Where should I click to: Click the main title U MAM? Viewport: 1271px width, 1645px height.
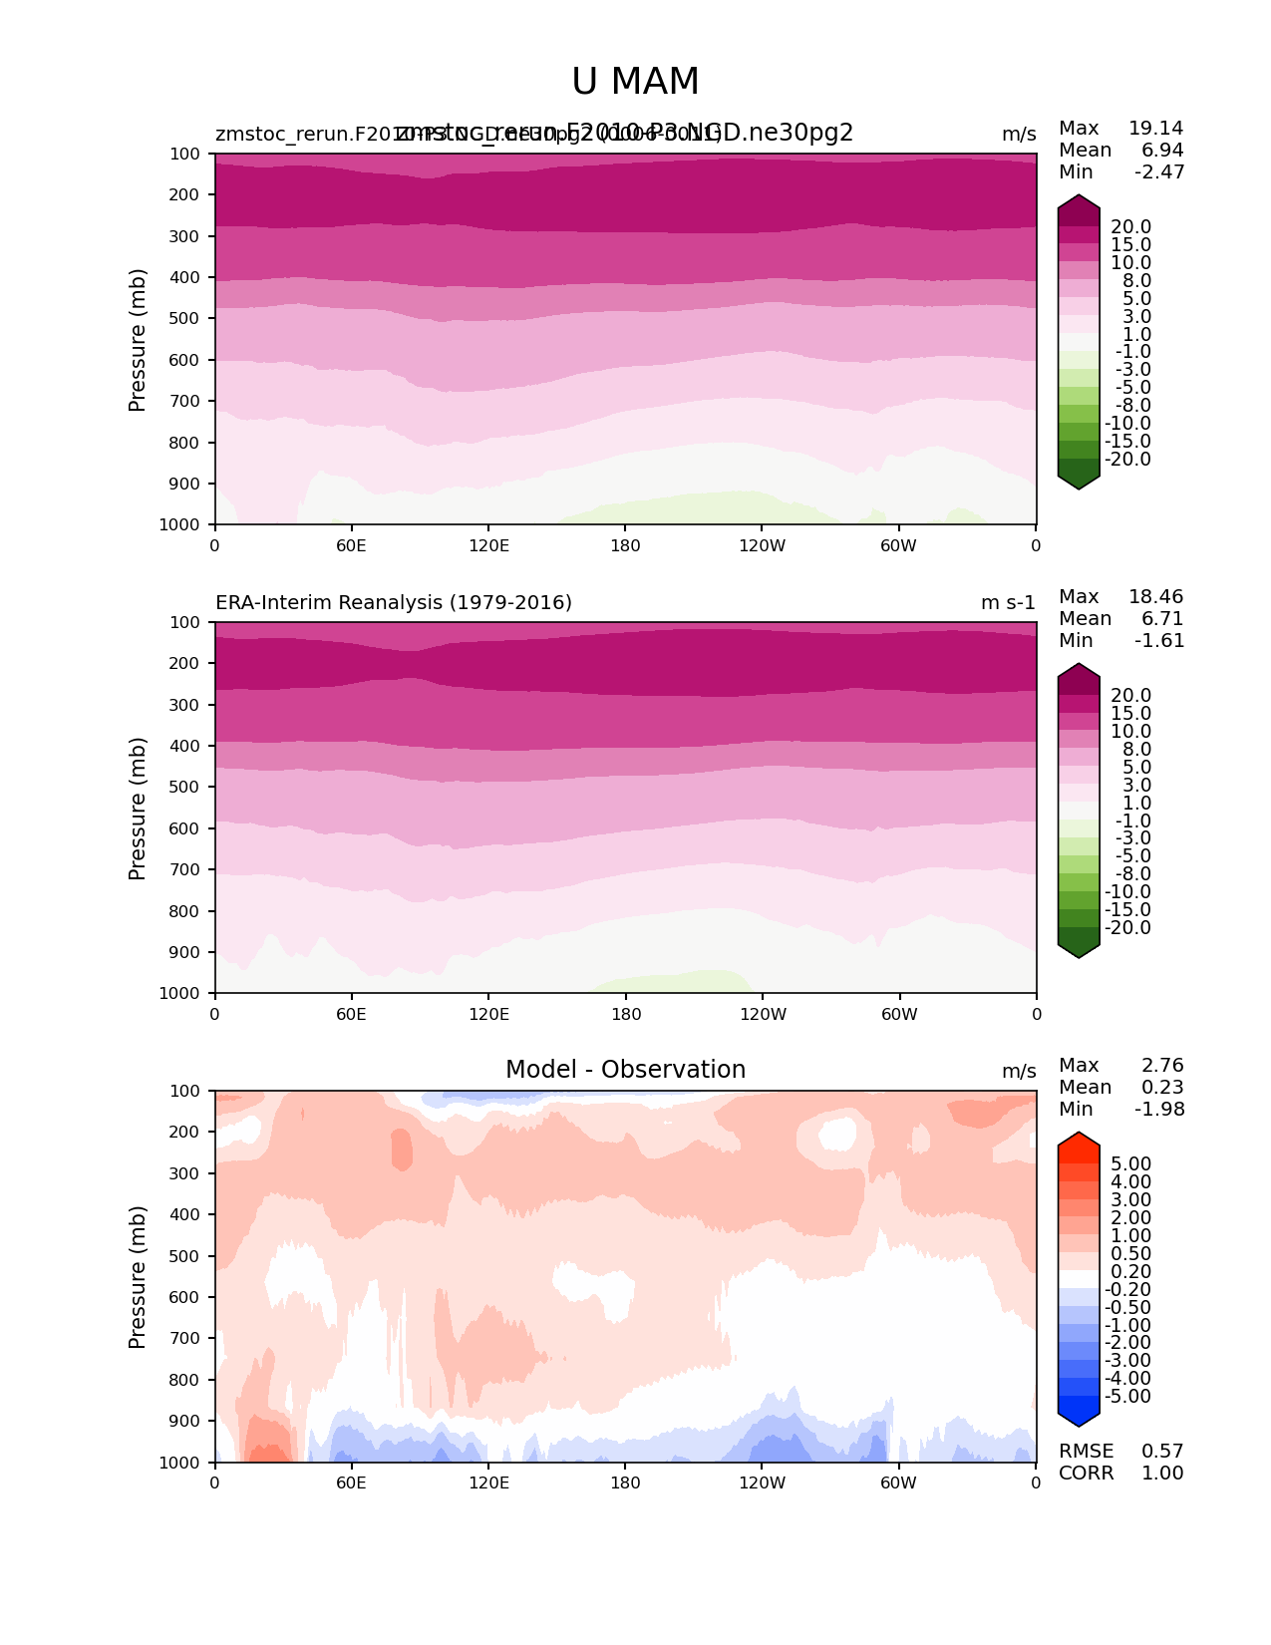click(635, 82)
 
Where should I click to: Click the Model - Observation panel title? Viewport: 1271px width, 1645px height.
click(625, 1070)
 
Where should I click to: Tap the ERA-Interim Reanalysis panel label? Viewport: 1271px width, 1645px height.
click(394, 603)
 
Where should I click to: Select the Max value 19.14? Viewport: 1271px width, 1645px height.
click(1155, 129)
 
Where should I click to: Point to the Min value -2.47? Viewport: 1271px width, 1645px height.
click(1159, 172)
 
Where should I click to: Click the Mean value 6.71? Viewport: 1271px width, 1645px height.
click(1162, 619)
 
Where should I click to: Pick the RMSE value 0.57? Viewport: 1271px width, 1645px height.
click(1162, 1452)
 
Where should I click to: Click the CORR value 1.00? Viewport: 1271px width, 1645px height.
click(1162, 1474)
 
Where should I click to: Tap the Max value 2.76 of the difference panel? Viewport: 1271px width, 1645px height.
click(1162, 1066)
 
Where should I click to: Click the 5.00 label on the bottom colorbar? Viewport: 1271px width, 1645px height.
click(1130, 1164)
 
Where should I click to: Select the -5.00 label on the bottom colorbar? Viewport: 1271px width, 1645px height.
click(1127, 1397)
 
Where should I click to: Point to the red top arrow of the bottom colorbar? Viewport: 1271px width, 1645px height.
click(1079, 1144)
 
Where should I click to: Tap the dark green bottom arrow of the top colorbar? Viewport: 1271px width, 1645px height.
click(1079, 479)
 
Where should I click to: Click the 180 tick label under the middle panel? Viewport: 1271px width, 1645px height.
click(625, 1015)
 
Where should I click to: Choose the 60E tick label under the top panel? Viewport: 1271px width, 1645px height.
click(351, 546)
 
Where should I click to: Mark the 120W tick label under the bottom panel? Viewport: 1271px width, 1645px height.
click(762, 1483)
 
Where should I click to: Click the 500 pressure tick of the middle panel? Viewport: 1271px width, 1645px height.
click(185, 788)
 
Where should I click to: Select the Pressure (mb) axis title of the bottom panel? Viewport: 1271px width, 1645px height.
click(138, 1276)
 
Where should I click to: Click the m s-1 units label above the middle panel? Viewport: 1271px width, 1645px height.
click(1008, 603)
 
